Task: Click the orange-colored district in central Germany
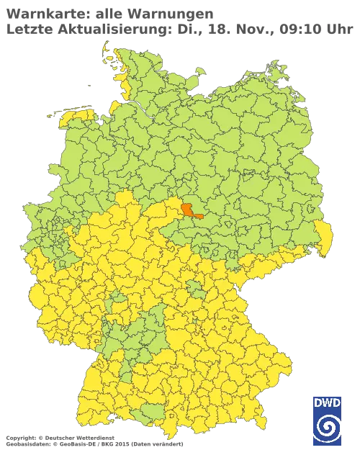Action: (x=192, y=210)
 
